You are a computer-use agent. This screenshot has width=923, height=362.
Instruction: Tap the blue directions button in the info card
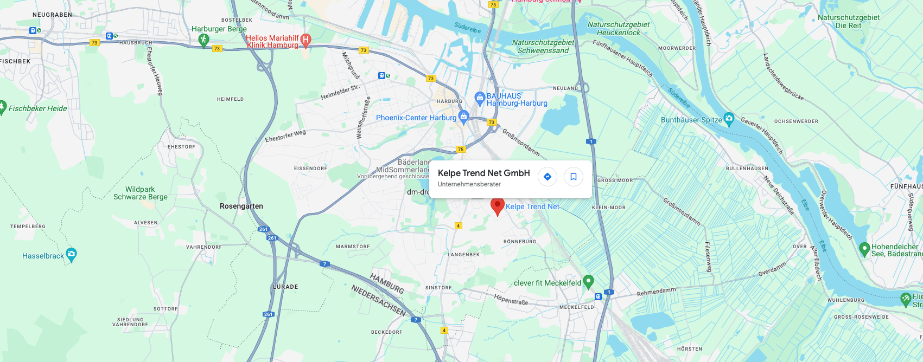548,177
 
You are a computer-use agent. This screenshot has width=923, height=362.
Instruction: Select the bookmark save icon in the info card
574,177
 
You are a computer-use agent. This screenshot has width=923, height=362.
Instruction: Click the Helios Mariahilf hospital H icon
305,40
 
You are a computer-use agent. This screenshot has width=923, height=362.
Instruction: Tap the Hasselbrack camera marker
71,254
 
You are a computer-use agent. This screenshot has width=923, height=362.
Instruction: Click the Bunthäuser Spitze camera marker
729,119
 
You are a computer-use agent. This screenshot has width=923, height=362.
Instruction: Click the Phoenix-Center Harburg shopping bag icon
463,116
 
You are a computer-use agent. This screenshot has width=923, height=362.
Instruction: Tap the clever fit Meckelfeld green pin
588,282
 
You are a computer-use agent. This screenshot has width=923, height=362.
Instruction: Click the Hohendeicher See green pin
865,249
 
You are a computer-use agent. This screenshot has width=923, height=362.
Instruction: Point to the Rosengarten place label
241,206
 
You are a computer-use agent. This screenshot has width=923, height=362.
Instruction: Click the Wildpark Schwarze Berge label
141,193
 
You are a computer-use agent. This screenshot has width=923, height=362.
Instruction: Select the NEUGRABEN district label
52,15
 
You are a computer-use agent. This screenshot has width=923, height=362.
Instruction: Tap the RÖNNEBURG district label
520,242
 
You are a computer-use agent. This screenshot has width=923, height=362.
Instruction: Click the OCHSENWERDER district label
796,121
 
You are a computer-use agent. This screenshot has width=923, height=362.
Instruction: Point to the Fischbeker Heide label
38,108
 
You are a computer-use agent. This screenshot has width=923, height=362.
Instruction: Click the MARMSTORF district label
353,247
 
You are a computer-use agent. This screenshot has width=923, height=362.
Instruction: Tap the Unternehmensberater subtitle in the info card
469,184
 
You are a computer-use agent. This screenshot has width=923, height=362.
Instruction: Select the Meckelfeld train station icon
598,296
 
